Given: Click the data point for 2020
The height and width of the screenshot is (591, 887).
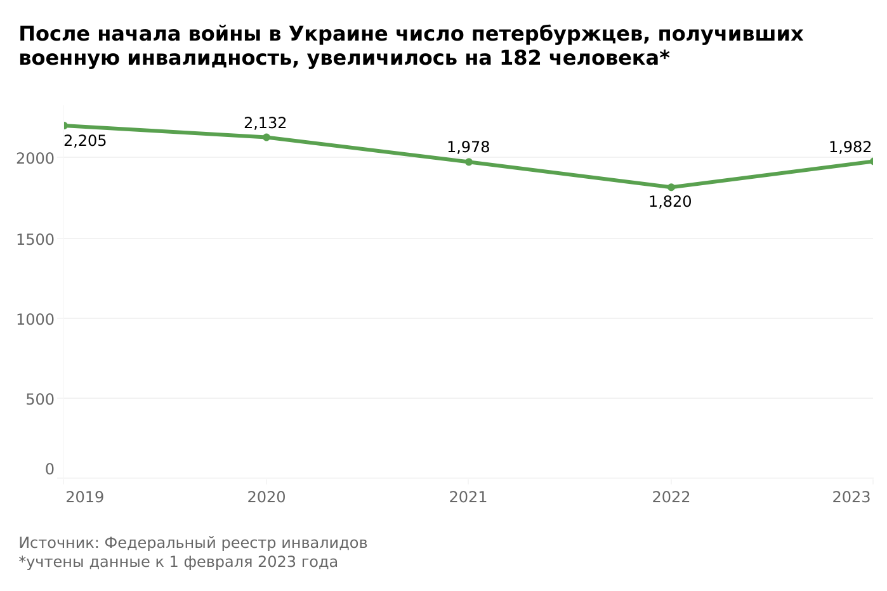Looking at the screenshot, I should (266, 137).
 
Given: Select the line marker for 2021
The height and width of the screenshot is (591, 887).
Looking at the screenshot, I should (469, 162).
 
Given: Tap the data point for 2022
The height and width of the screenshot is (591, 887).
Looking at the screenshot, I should (671, 187).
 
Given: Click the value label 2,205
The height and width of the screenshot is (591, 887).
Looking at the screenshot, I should (85, 141).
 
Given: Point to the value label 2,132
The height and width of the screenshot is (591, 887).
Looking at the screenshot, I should (265, 123).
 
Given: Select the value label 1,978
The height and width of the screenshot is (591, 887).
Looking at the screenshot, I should (468, 148).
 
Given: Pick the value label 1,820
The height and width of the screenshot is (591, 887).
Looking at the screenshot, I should (670, 202).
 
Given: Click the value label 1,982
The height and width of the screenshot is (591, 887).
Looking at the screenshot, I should (850, 148).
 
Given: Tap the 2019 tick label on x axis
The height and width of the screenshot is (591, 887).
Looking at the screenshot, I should (85, 497).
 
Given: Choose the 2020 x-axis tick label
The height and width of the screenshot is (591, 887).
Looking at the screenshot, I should (266, 497).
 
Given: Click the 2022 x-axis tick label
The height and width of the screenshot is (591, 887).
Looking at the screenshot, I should (671, 497).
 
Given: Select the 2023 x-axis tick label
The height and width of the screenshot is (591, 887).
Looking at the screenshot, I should (851, 497).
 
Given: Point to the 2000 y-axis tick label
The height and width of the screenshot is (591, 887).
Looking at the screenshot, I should (35, 158).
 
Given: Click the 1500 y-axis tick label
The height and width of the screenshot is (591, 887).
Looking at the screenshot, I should (35, 239).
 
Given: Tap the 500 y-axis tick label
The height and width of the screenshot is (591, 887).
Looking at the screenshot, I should (39, 399).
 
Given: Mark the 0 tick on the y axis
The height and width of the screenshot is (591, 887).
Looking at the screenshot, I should (49, 469).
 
